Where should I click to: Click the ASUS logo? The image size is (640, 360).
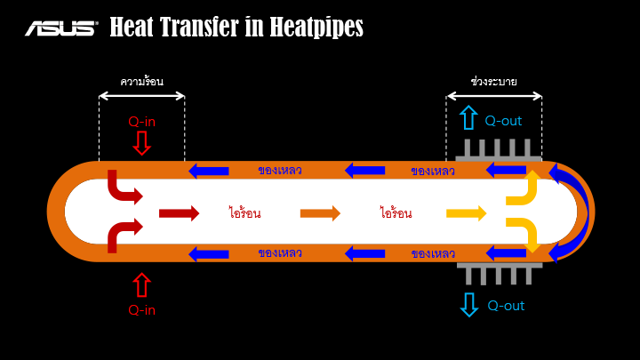60,28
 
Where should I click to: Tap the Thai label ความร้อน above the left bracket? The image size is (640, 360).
142,81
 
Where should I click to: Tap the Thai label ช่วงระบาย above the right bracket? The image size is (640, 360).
494,81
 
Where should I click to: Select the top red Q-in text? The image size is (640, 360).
142,122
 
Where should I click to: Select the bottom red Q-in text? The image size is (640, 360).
142,310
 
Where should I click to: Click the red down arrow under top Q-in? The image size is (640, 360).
142,142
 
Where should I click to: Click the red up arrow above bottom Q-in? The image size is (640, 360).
142,284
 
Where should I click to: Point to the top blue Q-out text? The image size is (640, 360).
503,120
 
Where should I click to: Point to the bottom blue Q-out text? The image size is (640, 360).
506,306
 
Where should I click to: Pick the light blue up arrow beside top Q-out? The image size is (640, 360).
468,118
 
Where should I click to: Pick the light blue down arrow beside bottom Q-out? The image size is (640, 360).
468,305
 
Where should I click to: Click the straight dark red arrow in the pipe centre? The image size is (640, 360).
179,212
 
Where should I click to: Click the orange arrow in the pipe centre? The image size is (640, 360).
320,212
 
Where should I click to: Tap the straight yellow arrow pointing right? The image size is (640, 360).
466,212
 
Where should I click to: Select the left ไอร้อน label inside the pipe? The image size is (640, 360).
244,213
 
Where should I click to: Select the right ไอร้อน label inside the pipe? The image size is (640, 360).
396,213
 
